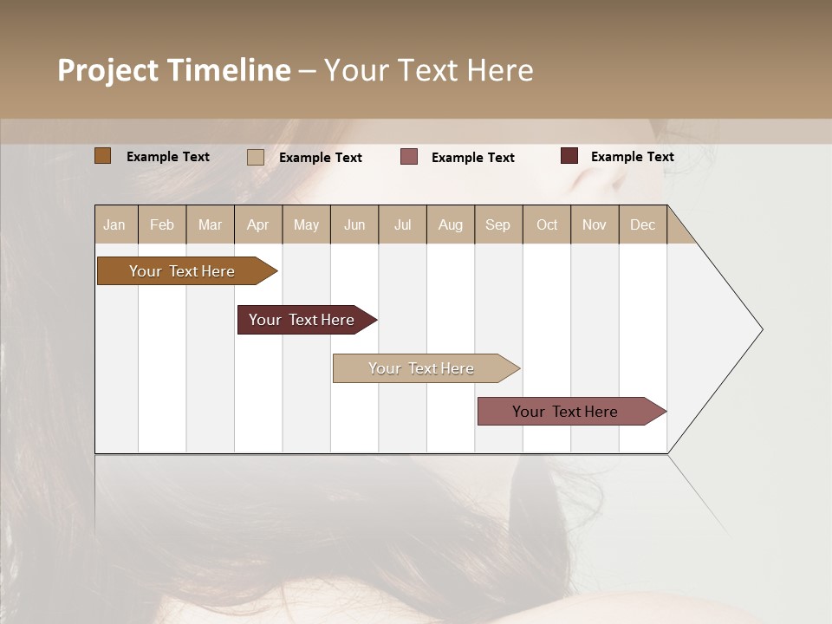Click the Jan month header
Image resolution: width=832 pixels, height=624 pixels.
pos(115,224)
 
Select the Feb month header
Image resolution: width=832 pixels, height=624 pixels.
pos(162,224)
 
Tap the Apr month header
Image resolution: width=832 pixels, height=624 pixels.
pos(258,224)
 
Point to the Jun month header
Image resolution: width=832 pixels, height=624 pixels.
pos(354,224)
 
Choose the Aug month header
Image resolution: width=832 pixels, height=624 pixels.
pos(451,224)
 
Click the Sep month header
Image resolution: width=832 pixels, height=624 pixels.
pos(498,224)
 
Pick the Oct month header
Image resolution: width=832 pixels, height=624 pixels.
pos(547,224)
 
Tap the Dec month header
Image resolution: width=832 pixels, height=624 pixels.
pos(643,224)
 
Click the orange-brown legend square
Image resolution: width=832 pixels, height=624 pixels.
pos(102,156)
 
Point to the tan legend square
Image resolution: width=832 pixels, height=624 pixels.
pos(255,157)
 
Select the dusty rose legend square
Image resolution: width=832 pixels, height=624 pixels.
pos(409,157)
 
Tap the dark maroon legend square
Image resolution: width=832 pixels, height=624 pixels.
pos(569,156)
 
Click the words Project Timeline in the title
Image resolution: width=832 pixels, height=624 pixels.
pos(173,70)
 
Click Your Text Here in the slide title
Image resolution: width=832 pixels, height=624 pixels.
pos(428,70)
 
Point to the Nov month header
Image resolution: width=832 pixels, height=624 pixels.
pos(595,224)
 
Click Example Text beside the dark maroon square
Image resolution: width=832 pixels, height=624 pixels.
pos(632,157)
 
